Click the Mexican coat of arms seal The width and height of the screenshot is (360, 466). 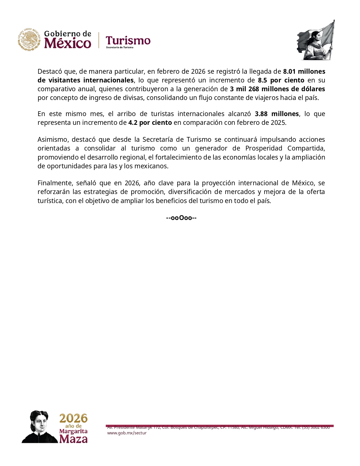tap(29, 40)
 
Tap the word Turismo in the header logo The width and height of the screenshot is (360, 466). tap(128, 41)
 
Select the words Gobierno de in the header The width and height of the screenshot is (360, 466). tap(67, 34)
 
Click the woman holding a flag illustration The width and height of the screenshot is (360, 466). tap(316, 40)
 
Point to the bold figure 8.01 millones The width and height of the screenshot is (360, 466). tap(304, 71)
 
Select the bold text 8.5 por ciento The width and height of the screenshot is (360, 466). tap(281, 80)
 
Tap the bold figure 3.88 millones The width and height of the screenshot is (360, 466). tap(277, 114)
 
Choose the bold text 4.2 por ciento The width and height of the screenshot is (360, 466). tap(150, 123)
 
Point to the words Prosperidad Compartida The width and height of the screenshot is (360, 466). tap(285, 148)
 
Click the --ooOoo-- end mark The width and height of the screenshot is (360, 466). tap(181, 218)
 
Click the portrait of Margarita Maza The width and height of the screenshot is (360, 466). tap(40, 426)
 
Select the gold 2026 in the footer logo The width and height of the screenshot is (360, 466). tap(73, 418)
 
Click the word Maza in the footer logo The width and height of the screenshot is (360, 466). tap(73, 439)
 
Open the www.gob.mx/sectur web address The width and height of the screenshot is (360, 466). tap(127, 433)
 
